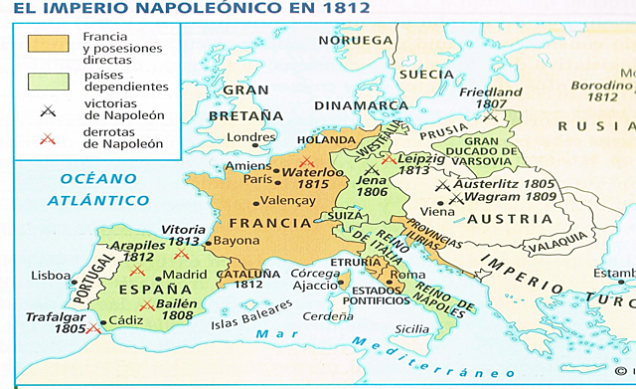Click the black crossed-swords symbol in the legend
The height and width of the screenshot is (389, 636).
pyautogui.click(x=46, y=110)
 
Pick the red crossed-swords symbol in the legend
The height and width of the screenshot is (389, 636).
pyautogui.click(x=46, y=138)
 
